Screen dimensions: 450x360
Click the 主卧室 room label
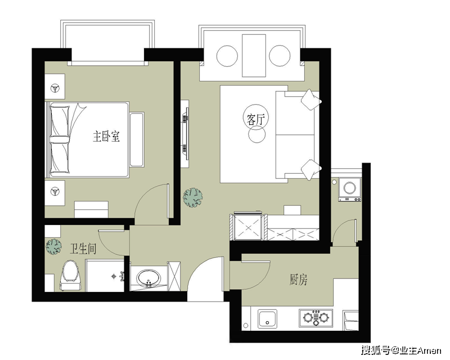tap(106, 136)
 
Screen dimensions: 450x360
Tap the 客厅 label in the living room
tap(256, 119)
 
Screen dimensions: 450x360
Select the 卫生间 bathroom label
tap(83, 249)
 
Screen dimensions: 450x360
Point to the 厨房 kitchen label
tap(299, 280)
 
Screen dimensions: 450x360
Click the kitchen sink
tap(268, 318)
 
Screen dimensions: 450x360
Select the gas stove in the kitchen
tap(316, 318)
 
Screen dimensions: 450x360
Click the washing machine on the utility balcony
tap(350, 189)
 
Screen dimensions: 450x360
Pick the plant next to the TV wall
tap(193, 197)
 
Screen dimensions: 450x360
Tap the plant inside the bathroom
tap(54, 246)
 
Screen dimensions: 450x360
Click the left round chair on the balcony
tap(227, 56)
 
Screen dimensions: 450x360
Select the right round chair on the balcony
tap(280, 56)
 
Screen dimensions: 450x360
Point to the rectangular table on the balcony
tap(254, 56)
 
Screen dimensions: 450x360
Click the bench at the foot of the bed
tap(137, 139)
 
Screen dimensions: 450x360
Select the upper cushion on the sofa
tap(311, 100)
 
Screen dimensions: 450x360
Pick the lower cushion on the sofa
tap(311, 170)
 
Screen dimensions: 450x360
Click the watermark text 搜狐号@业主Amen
tap(401, 350)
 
